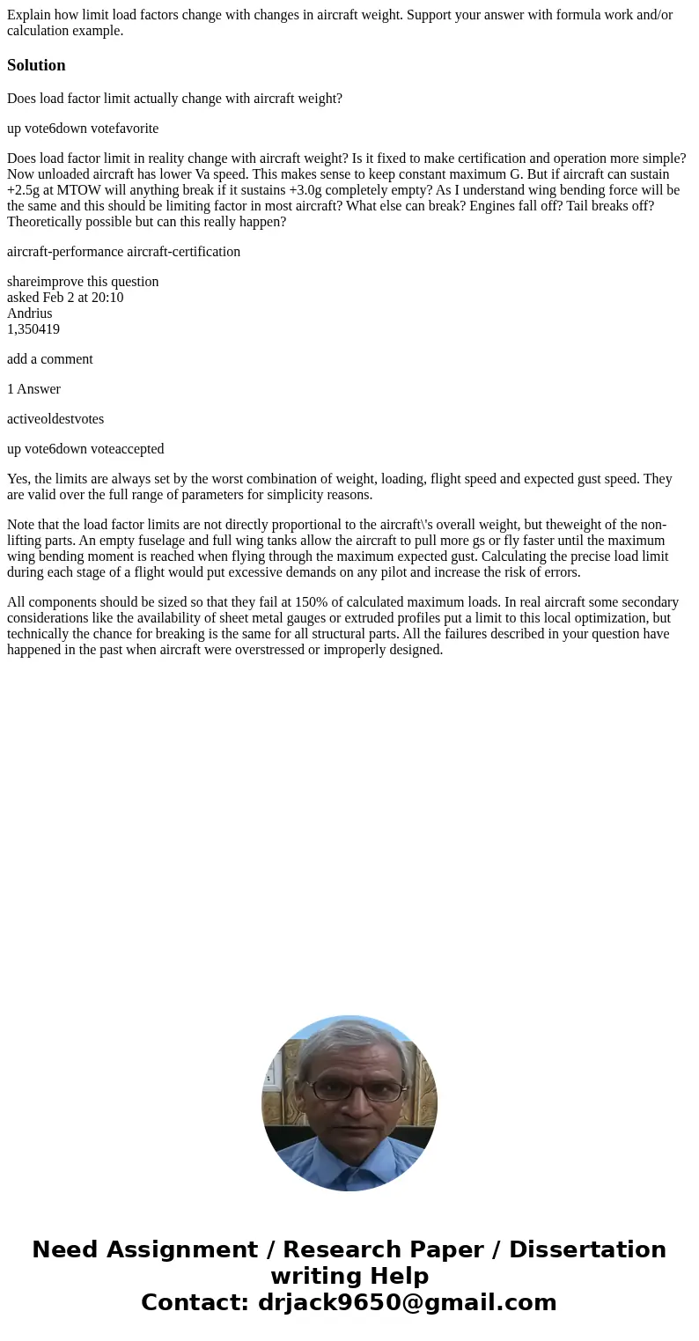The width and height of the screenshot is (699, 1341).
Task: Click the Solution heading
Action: tap(36, 65)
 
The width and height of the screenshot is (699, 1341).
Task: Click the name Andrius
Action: tap(29, 313)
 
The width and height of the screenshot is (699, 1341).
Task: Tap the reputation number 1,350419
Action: tap(33, 329)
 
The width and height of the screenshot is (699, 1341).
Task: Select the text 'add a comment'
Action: tap(49, 359)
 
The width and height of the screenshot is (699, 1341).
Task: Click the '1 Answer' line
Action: tap(33, 389)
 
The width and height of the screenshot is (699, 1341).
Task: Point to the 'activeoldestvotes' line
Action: tap(55, 419)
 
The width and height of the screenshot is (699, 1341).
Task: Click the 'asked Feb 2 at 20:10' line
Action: tap(65, 298)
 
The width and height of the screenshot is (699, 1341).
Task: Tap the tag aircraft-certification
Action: tap(183, 252)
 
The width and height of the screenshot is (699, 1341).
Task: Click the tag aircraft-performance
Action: tap(65, 252)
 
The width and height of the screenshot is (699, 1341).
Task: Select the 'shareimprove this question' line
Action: tap(83, 282)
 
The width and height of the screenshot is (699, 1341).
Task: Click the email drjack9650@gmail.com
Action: tap(407, 1302)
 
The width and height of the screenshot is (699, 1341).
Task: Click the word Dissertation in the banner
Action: tap(587, 1249)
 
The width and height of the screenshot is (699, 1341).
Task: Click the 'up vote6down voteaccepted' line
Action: tap(85, 449)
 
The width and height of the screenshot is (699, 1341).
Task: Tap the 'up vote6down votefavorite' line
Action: tap(83, 129)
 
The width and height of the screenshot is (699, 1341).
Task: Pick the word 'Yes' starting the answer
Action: tap(18, 479)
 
